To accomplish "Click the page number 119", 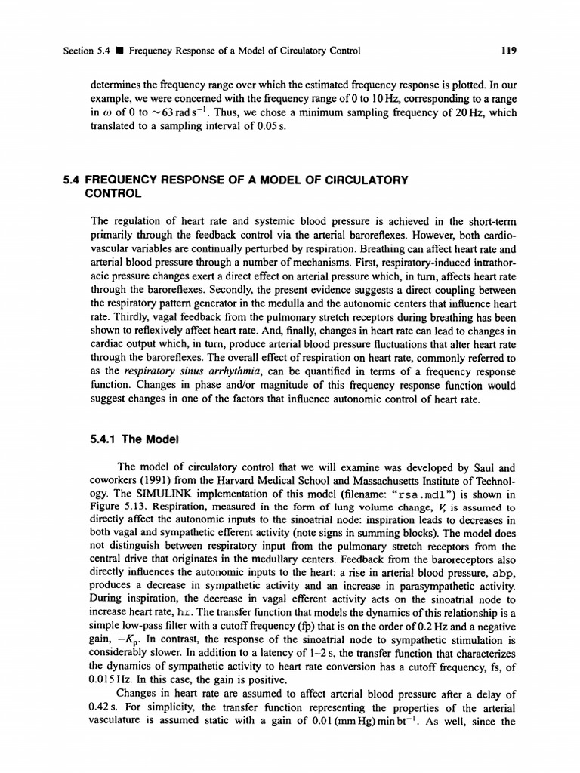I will pos(508,51).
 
